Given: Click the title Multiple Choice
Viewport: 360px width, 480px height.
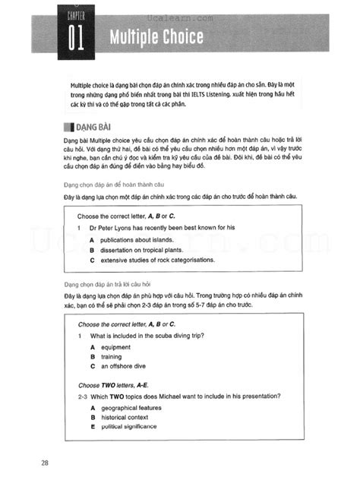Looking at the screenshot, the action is [156, 36].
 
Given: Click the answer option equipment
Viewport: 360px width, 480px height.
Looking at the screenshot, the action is [115, 346].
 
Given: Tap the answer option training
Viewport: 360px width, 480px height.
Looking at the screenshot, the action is [111, 356].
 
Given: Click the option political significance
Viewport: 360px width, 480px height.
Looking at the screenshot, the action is [131, 426].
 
